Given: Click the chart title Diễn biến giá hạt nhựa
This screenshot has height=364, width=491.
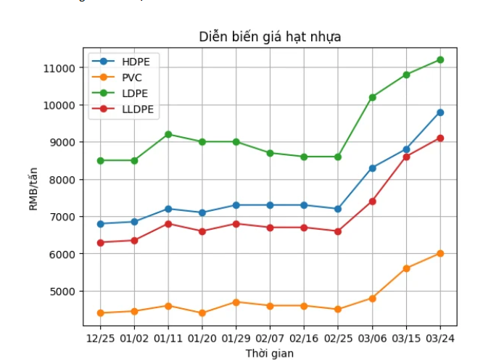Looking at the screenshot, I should coord(270,37).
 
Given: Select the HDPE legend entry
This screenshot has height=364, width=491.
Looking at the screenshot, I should coord(136,62).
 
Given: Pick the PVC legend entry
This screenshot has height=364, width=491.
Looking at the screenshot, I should coord(132,77).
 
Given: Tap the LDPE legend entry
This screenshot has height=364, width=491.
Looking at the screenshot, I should coord(134,93).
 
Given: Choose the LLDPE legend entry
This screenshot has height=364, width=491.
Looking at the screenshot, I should coord(137,109).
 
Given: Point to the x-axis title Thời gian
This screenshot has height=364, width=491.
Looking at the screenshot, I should coord(270,353).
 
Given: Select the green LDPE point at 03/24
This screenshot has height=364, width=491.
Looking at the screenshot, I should coord(440,60).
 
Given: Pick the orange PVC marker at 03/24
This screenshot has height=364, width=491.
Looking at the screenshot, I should coord(440,253).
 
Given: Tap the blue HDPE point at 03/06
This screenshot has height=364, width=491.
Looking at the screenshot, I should coord(372,167).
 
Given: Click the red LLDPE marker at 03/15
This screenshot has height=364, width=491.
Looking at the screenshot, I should coord(406,157).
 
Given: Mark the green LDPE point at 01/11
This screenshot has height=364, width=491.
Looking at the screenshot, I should coord(168,134).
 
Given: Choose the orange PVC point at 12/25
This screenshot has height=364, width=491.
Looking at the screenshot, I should coord(100,313).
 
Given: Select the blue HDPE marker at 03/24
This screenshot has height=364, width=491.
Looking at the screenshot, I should coord(440,112).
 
